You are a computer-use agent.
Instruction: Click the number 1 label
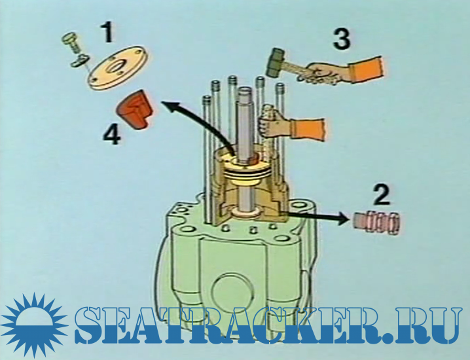107,32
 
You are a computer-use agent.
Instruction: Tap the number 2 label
382,195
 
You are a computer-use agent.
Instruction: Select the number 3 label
342,39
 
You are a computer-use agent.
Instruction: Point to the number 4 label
112,135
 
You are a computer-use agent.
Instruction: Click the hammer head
275,62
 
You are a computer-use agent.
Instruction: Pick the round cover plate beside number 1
118,67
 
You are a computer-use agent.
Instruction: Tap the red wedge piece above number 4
134,109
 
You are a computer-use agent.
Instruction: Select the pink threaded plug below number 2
376,224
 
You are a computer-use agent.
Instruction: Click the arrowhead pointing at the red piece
170,106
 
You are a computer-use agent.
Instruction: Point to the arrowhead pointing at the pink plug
345,218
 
